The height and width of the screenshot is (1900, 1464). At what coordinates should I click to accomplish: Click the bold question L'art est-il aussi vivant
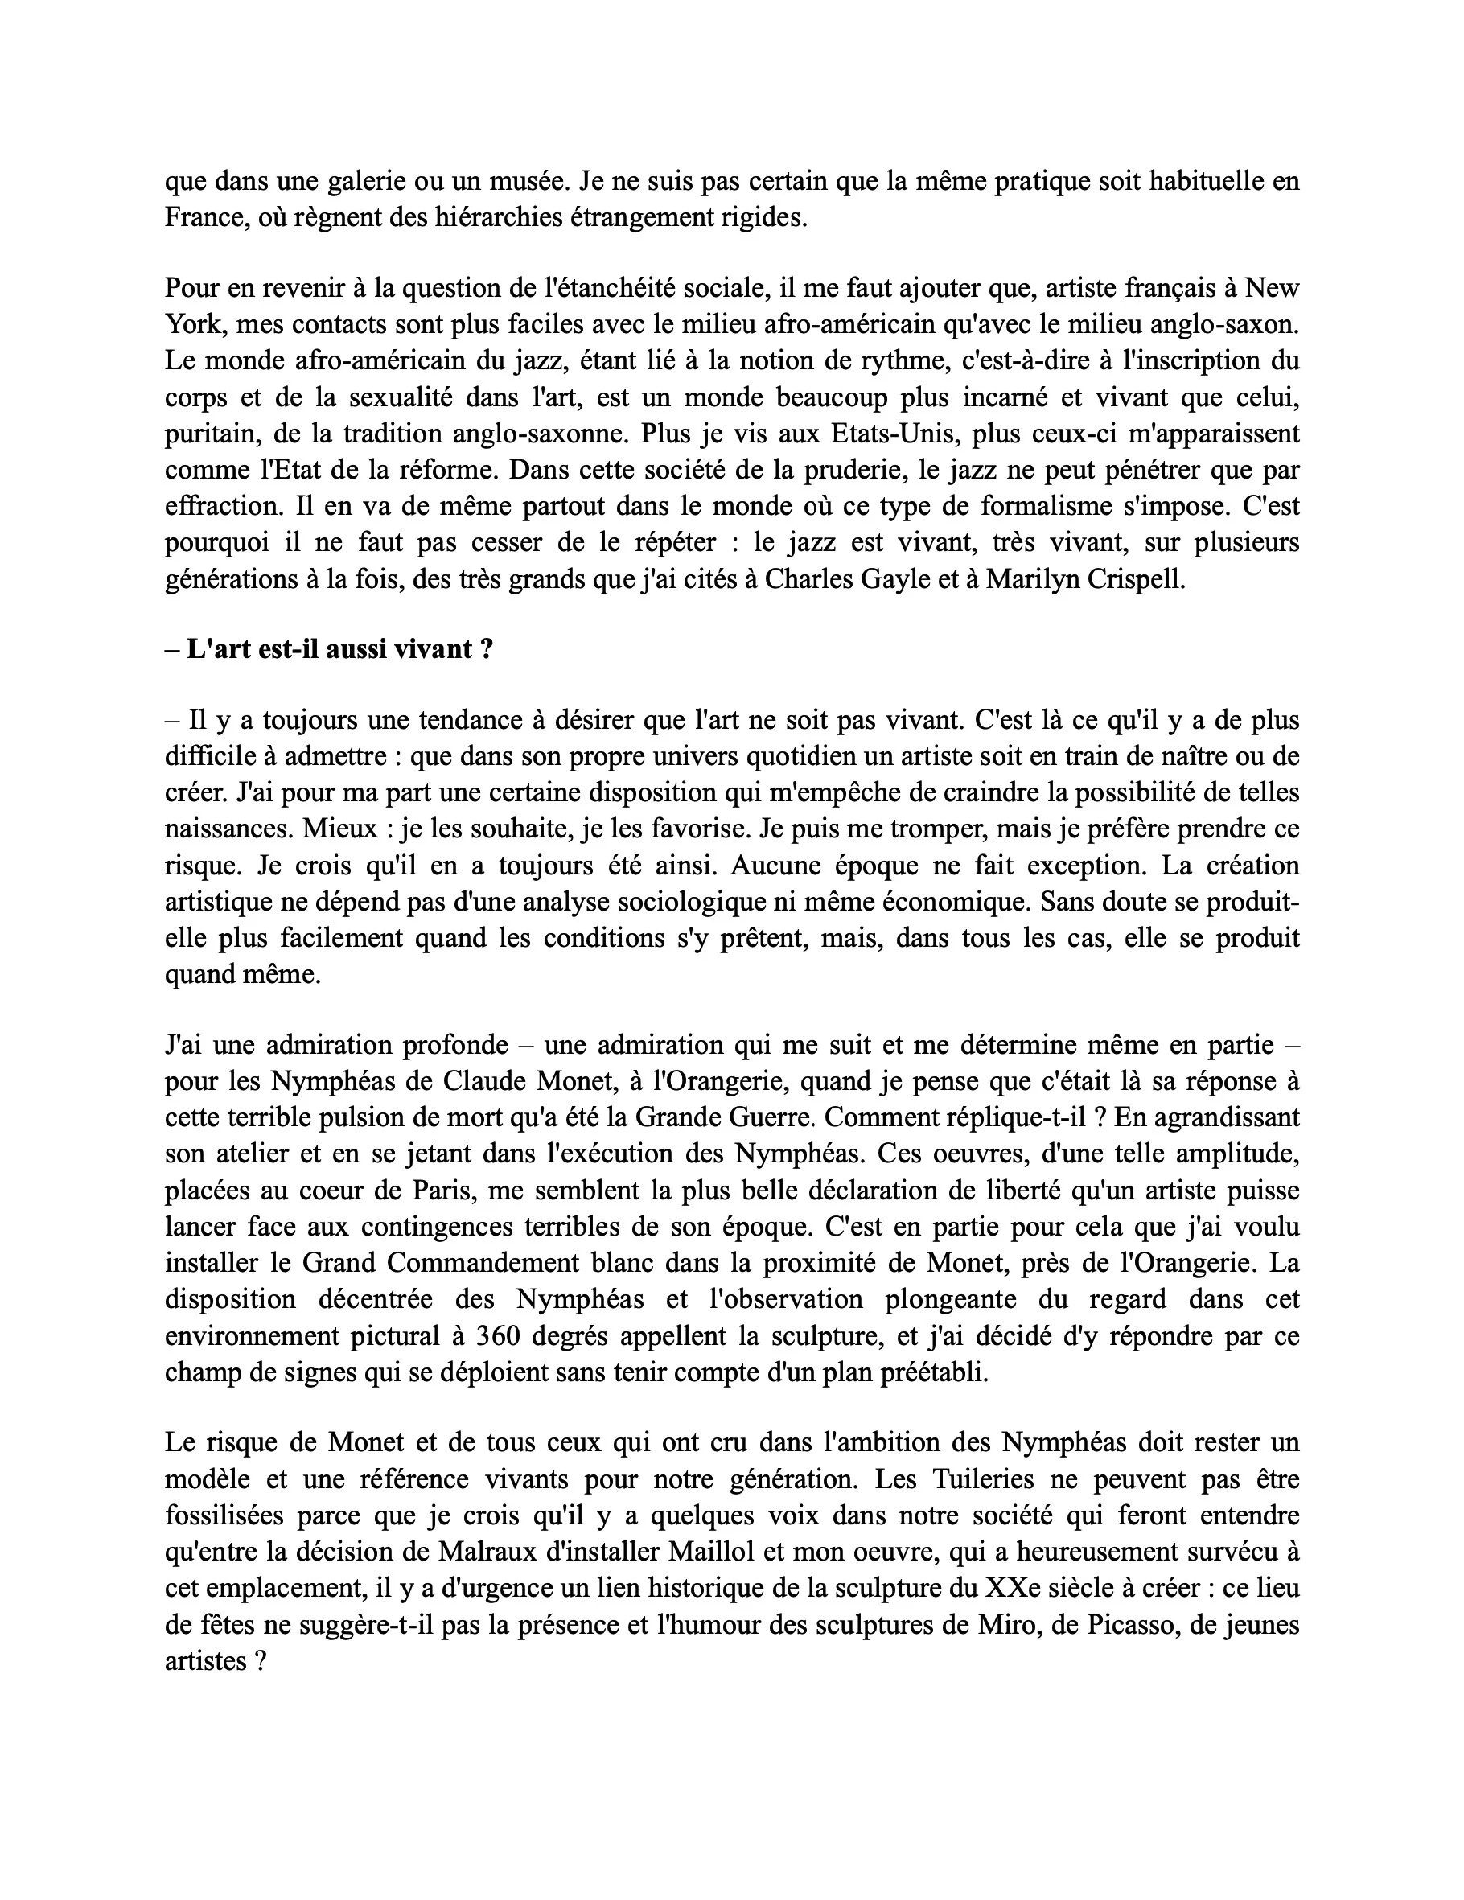[x=339, y=649]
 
